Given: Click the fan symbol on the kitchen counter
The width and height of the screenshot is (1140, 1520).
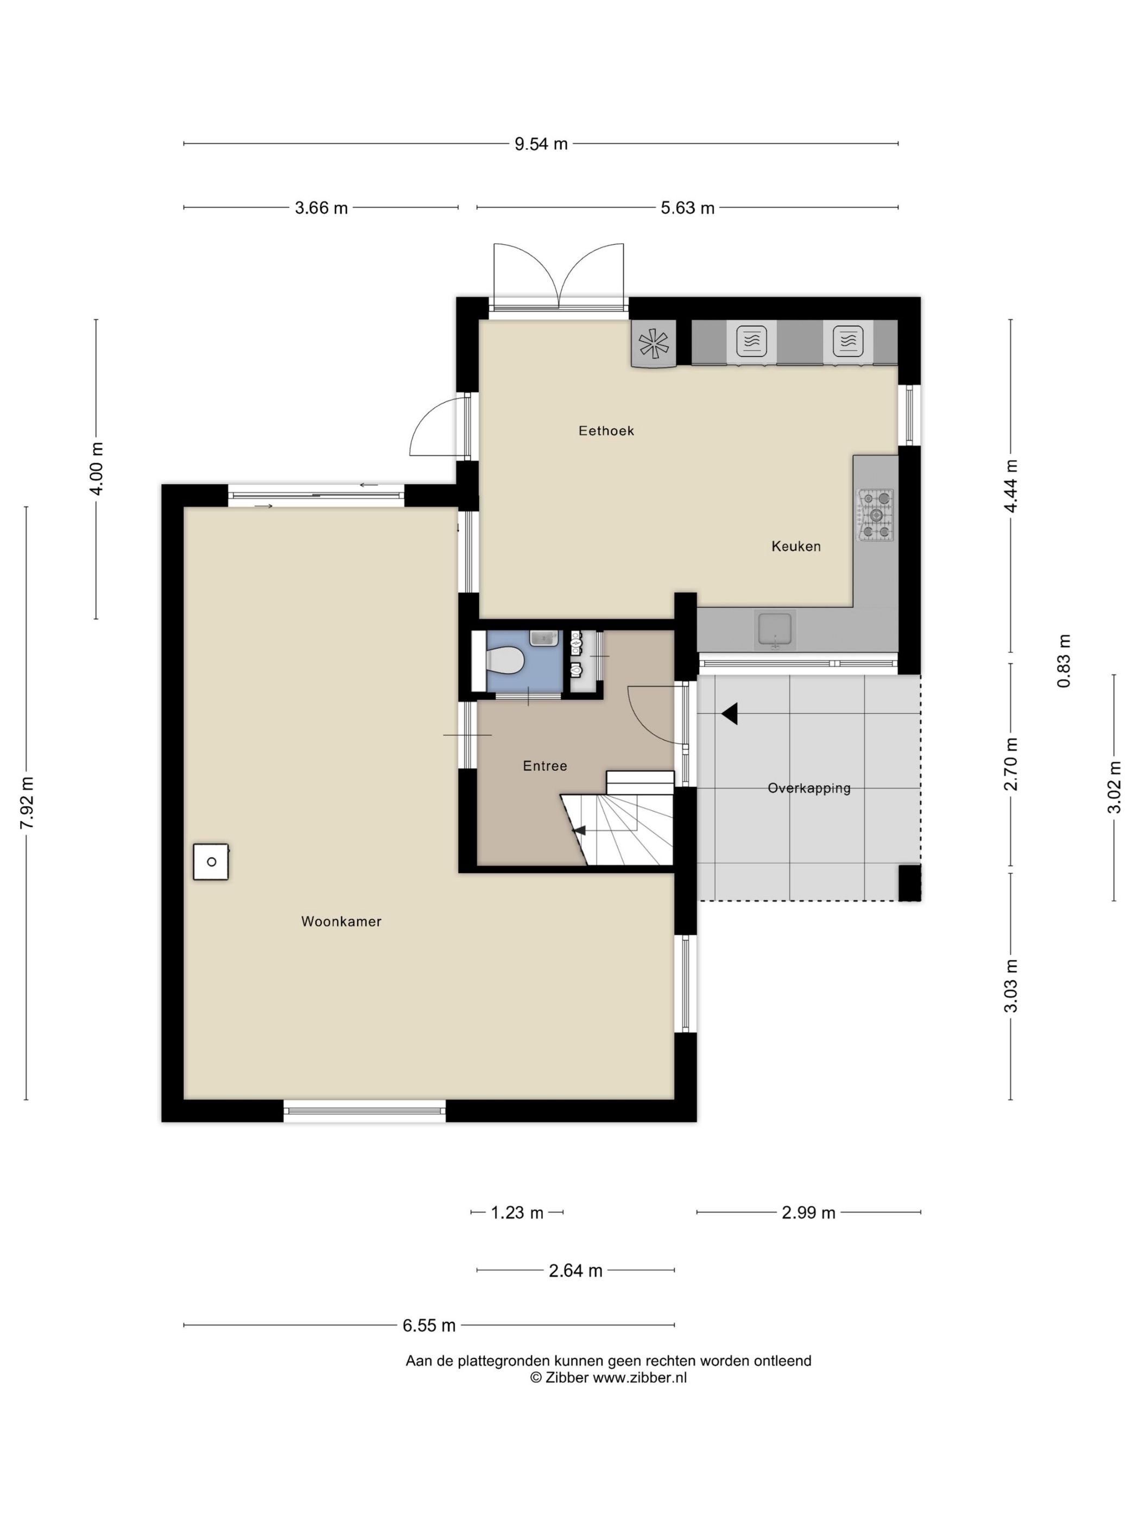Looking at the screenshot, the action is click(654, 343).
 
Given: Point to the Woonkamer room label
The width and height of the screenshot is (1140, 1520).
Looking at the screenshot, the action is click(341, 921).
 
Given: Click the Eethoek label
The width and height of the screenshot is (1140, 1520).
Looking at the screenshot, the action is click(606, 431).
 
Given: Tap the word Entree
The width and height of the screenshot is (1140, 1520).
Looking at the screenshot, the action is click(545, 765).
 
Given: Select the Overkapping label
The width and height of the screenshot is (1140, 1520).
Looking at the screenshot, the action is click(809, 788).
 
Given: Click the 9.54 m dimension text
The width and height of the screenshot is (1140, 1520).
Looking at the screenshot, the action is click(541, 144).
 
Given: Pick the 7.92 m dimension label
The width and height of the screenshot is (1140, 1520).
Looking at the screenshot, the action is click(27, 802).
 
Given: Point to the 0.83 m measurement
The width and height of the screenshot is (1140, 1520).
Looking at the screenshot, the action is click(1063, 660).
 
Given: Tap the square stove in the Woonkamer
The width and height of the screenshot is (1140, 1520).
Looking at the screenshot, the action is click(211, 862).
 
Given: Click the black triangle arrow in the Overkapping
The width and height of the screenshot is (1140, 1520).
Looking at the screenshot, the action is click(730, 714).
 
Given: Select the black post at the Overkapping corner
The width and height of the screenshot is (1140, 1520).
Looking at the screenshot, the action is click(910, 882).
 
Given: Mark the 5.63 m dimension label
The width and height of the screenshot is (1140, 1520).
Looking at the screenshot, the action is click(687, 207).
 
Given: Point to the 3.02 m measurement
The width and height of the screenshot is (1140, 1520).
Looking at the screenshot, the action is click(1114, 788).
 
